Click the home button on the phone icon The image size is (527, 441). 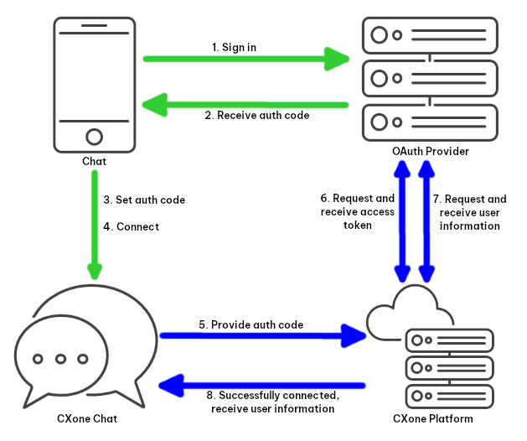(x=95, y=136)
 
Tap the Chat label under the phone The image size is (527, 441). (x=94, y=160)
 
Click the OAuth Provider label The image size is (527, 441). (x=430, y=151)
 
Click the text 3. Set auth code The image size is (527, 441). (x=144, y=200)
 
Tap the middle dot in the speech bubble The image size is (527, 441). (x=60, y=359)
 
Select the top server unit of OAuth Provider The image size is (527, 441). (x=430, y=36)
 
